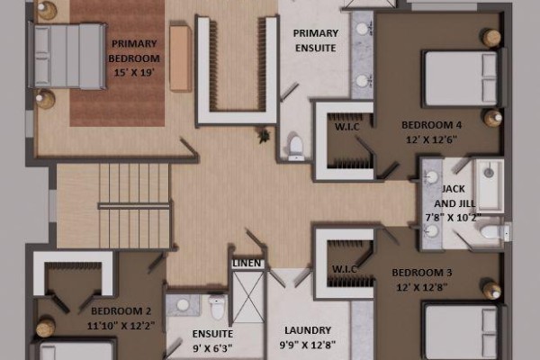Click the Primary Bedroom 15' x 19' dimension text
(134, 73)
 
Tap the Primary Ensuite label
(316, 40)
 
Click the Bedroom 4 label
(431, 125)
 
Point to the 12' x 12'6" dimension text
(431, 139)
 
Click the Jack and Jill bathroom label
(454, 196)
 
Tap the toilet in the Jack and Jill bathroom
(495, 231)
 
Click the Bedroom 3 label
(422, 273)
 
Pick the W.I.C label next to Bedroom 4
(347, 127)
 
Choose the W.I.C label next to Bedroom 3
(344, 269)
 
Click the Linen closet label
(247, 264)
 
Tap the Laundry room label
(308, 330)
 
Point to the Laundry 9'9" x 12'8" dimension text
(308, 345)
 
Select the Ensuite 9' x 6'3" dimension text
(212, 348)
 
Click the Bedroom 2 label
(121, 311)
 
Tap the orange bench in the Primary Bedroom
(180, 58)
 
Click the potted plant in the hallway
(264, 135)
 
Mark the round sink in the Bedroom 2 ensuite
(183, 304)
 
